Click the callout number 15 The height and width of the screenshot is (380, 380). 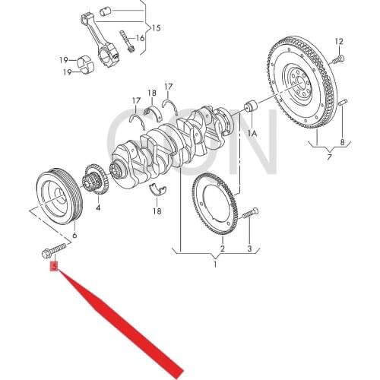click(156, 28)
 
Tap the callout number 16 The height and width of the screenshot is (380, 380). click(141, 38)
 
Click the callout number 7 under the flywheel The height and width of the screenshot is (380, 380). click(328, 157)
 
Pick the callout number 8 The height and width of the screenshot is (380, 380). click(342, 142)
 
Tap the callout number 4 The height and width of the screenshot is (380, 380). click(98, 206)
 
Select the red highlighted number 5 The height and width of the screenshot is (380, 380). click(53, 265)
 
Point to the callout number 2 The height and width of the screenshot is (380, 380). click(222, 248)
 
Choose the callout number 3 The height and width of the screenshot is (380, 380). click(249, 248)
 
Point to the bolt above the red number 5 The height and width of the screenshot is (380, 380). click(53, 249)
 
